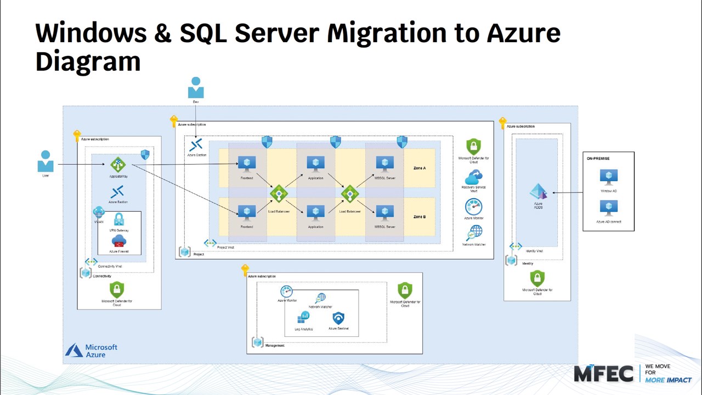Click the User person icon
pyautogui.click(x=46, y=161)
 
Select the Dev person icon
pyautogui.click(x=196, y=88)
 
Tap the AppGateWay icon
pyautogui.click(x=118, y=165)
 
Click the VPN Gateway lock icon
pyautogui.click(x=118, y=220)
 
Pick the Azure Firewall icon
pyautogui.click(x=118, y=241)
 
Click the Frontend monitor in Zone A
pyautogui.click(x=246, y=164)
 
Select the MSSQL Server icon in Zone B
pyautogui.click(x=384, y=213)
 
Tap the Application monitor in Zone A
pyautogui.click(x=315, y=164)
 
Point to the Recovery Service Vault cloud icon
pyautogui.click(x=473, y=177)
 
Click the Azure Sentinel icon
pyautogui.click(x=338, y=318)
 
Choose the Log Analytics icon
pyautogui.click(x=303, y=318)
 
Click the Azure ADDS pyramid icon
pyautogui.click(x=538, y=192)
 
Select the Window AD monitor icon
pyautogui.click(x=608, y=177)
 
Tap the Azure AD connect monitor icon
pyautogui.click(x=608, y=208)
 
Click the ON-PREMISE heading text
pyautogui.click(x=598, y=159)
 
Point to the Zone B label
pyautogui.click(x=420, y=217)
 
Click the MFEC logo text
pyautogui.click(x=603, y=374)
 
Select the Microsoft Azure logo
pyautogui.click(x=92, y=351)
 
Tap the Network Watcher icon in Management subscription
pyautogui.click(x=321, y=298)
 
